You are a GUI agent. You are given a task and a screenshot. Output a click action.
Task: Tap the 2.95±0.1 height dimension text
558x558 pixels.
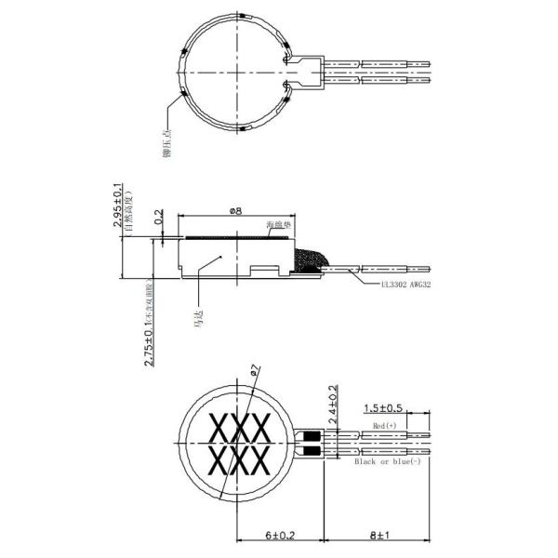(x=118, y=206)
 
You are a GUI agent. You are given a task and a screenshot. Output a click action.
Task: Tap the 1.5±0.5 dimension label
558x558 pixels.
(x=383, y=408)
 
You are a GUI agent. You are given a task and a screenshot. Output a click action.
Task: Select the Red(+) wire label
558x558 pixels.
(x=385, y=425)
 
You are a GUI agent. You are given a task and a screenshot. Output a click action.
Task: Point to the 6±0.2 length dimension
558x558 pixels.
(x=280, y=536)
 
